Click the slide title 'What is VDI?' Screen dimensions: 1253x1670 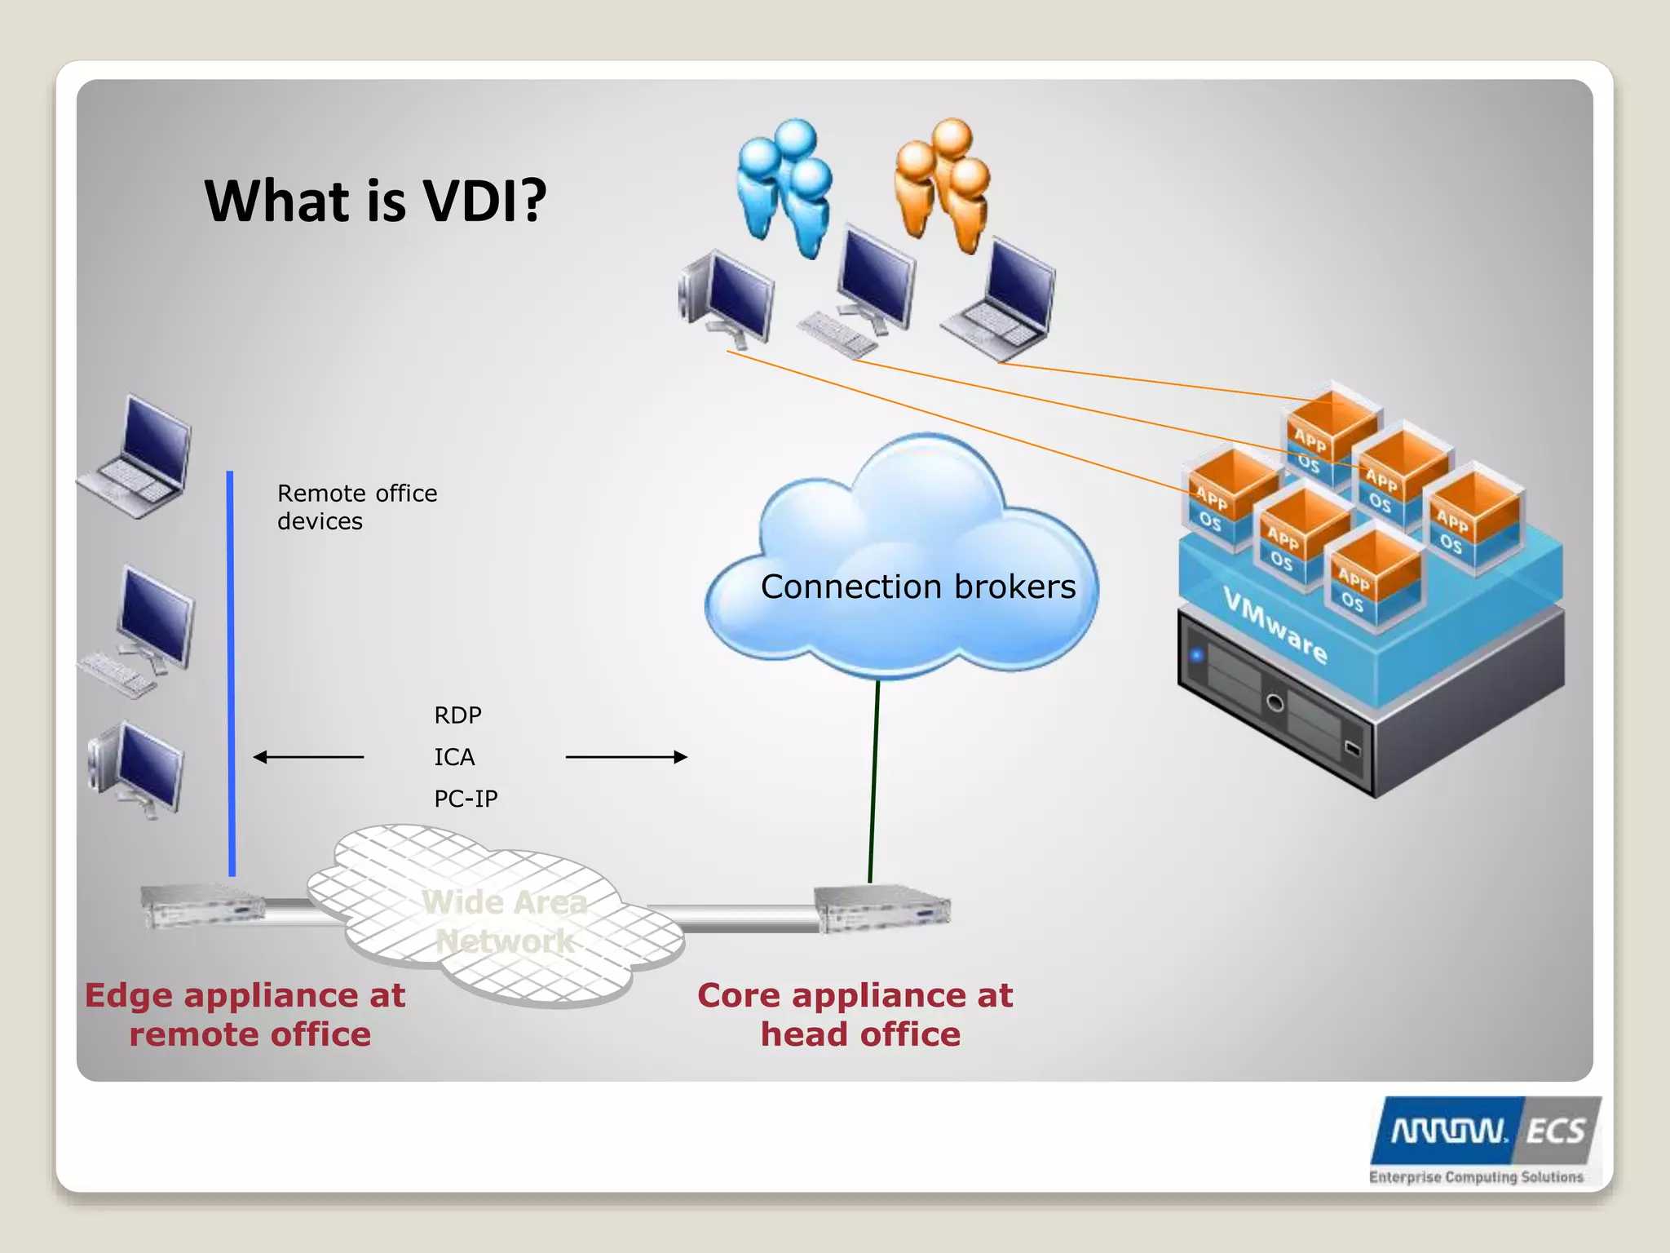[375, 201]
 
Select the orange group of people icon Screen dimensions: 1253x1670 [943, 183]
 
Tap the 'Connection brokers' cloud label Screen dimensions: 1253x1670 [918, 587]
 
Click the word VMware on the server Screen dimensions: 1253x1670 [1275, 626]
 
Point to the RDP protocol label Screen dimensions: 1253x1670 [457, 715]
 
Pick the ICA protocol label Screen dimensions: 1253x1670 [454, 757]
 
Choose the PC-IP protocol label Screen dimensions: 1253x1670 [466, 799]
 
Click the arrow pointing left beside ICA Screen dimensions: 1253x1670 [308, 757]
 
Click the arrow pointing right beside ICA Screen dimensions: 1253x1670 [626, 757]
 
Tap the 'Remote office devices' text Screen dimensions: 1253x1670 [357, 507]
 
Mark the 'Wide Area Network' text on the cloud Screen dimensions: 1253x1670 [505, 922]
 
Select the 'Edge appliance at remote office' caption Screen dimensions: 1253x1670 [245, 1015]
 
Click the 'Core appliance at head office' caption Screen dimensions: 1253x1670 [855, 1015]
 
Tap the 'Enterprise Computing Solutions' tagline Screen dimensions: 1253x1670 [1476, 1177]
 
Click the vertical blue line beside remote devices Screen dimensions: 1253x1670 [231, 673]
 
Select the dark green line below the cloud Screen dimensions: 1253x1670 [874, 781]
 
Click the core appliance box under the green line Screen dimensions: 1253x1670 [882, 907]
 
